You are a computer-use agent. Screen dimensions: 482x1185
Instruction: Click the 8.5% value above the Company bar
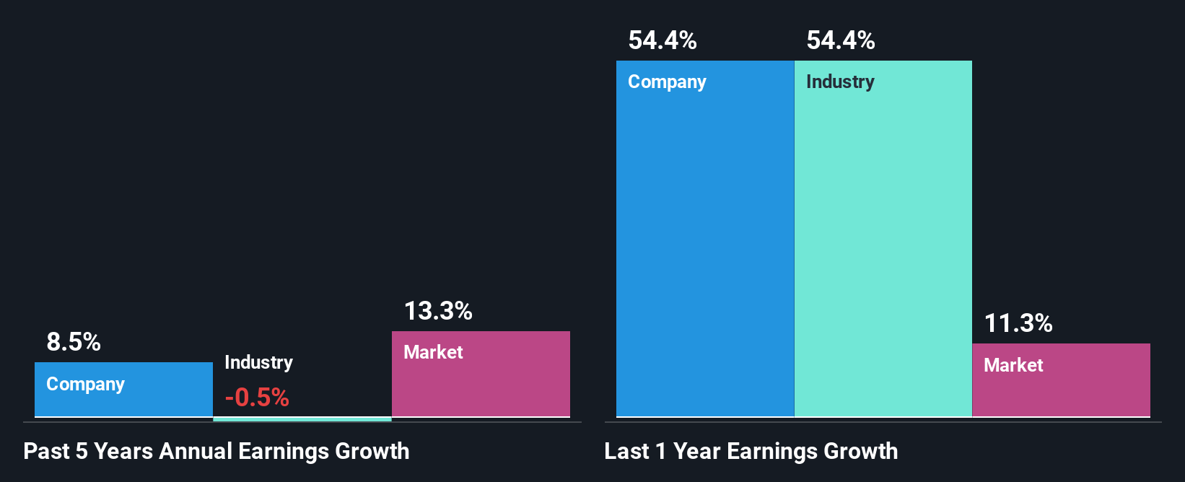74,341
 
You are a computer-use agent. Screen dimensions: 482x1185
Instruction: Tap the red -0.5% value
257,397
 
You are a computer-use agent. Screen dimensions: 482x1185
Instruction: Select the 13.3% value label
438,311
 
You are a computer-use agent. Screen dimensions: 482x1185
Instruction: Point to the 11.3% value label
1018,323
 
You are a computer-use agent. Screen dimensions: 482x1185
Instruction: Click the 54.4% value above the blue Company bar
663,40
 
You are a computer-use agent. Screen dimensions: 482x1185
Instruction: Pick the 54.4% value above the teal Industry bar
841,40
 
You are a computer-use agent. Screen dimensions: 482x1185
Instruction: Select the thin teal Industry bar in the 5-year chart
302,419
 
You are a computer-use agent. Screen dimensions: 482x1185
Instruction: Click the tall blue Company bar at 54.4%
704,245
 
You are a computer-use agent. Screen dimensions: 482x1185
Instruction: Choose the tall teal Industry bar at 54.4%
883,245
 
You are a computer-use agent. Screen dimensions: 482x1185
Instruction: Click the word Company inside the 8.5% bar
85,384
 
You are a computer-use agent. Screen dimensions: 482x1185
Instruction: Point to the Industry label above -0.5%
258,362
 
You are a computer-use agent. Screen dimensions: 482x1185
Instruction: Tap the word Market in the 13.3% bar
433,352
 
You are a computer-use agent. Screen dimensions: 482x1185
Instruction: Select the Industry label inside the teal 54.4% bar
840,82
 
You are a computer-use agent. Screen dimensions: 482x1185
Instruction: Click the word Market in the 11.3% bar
1013,365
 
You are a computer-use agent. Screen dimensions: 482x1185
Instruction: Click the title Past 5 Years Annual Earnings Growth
217,451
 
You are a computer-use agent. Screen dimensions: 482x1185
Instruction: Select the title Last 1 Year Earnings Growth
751,451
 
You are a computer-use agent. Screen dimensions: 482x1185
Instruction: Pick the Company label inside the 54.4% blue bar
667,82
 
